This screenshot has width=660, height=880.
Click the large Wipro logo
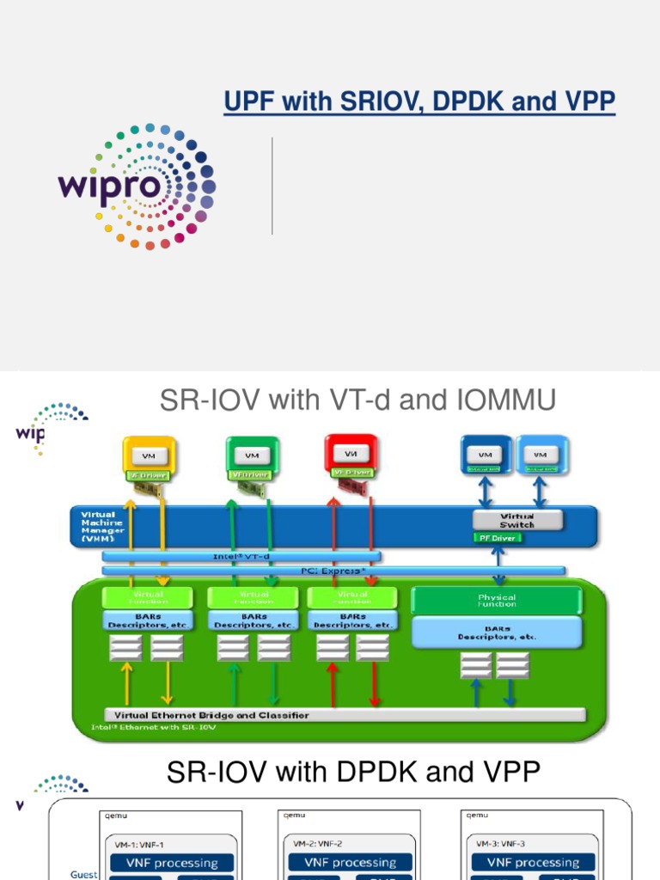pyautogui.click(x=137, y=186)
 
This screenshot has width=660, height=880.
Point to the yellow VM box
pyautogui.click(x=150, y=455)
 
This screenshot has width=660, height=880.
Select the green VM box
pyautogui.click(x=252, y=455)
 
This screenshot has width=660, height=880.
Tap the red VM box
pyautogui.click(x=351, y=453)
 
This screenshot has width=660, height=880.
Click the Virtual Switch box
pyautogui.click(x=517, y=520)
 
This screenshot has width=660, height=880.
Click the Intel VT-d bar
pyautogui.click(x=241, y=556)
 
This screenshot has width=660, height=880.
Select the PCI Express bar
pyautogui.click(x=333, y=569)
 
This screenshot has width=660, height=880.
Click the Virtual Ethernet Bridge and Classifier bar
pyautogui.click(x=344, y=714)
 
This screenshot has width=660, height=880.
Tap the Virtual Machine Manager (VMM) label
pyautogui.click(x=102, y=524)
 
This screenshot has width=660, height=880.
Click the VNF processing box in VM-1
pyautogui.click(x=173, y=862)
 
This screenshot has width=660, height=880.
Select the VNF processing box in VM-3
pyautogui.click(x=533, y=862)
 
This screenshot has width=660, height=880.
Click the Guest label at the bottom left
pyautogui.click(x=84, y=874)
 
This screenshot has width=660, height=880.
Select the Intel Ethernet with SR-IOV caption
pyautogui.click(x=154, y=726)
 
